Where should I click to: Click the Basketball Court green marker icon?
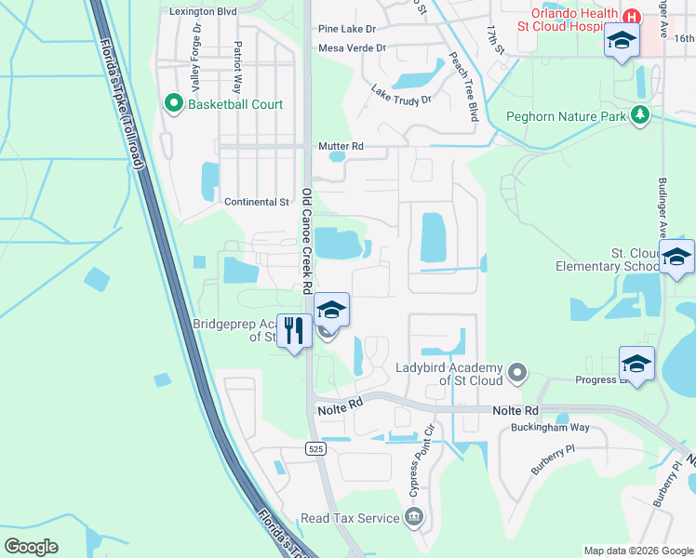point(173,104)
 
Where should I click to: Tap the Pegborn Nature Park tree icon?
point(639,115)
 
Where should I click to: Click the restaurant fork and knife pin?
point(294,331)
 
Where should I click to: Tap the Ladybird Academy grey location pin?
point(519,374)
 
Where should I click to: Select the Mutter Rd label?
point(340,146)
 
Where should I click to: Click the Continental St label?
point(257,202)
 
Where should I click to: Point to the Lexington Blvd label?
point(202,11)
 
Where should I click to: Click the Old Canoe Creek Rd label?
point(306,243)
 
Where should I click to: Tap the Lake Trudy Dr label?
point(402,94)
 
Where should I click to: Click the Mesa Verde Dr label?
point(352,47)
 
